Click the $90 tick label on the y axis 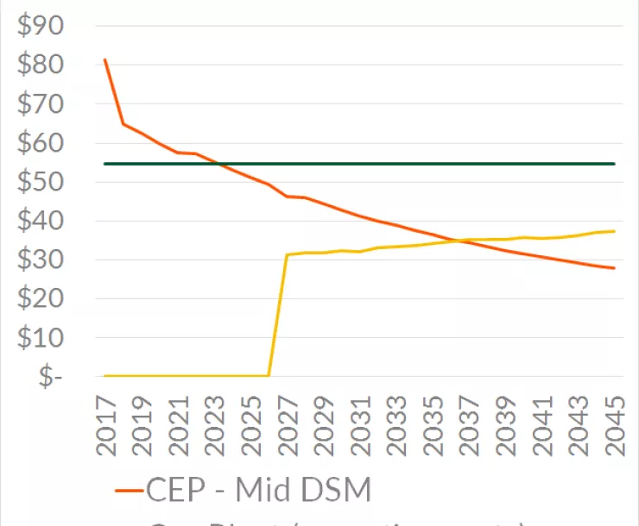tap(40, 26)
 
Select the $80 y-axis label tap(40, 65)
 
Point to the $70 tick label tap(40, 104)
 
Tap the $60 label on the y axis tap(40, 143)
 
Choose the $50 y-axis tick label tap(40, 182)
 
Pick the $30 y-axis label tap(40, 260)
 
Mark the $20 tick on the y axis tap(40, 298)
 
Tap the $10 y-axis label tap(40, 338)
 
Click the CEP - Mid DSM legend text tap(259, 491)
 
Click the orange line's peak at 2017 tap(105, 59)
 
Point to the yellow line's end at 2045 tap(614, 231)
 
